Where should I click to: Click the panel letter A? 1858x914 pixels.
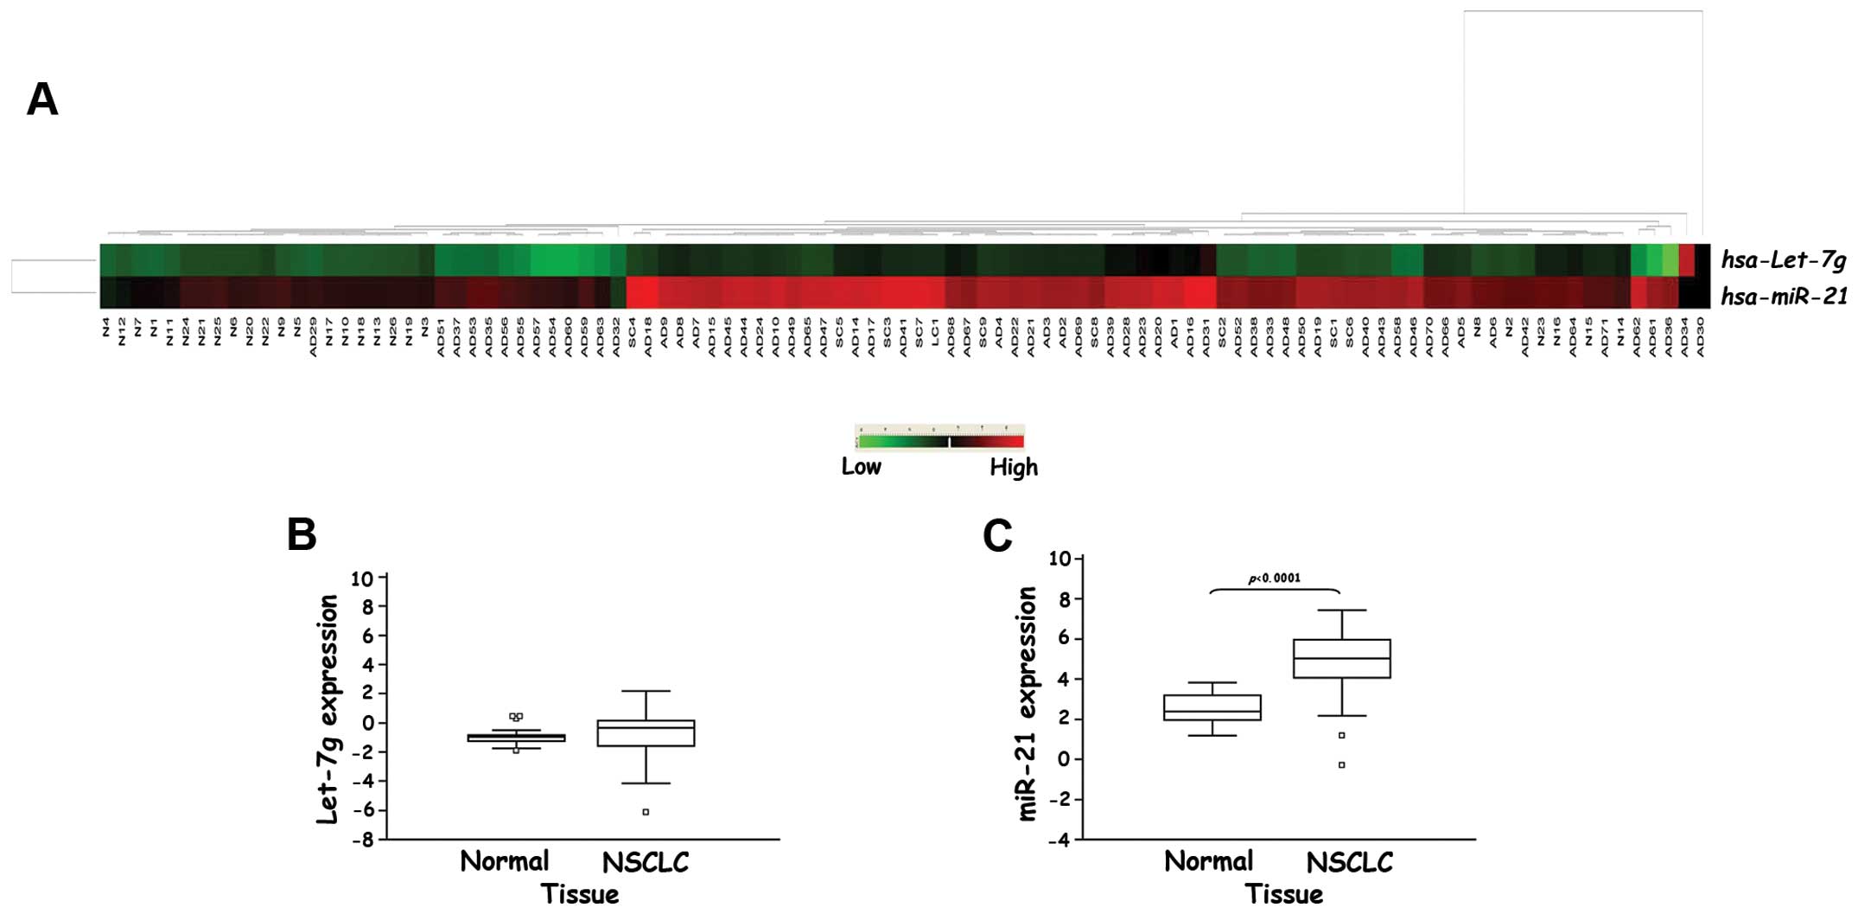[42, 99]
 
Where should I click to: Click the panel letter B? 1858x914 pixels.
[302, 535]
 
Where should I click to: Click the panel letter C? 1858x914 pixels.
[997, 536]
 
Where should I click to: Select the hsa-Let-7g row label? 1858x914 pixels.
[1783, 259]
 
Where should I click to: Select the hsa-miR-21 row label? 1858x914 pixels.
[1784, 297]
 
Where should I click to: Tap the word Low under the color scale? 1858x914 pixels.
[861, 467]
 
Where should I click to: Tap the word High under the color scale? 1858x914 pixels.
[1013, 468]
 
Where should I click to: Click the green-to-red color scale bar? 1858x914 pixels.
[940, 442]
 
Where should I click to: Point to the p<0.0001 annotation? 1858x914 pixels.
[1274, 578]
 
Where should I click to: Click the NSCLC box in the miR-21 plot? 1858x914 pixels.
[1341, 659]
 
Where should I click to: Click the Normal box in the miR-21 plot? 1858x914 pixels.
[1212, 707]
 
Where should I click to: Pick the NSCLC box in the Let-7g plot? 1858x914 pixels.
[646, 733]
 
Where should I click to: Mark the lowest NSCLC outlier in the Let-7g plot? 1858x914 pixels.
[646, 812]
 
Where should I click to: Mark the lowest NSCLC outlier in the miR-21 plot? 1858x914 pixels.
[1341, 765]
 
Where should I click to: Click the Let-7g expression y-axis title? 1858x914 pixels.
[328, 709]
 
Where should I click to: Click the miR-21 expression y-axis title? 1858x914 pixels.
[1027, 703]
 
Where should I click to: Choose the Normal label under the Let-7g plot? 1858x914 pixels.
[505, 861]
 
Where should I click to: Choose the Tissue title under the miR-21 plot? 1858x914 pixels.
[1283, 894]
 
